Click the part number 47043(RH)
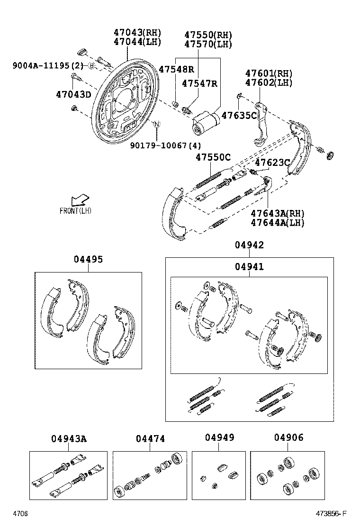click(x=137, y=33)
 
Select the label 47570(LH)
click(x=208, y=44)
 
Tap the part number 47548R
click(x=176, y=69)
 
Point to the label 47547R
click(x=199, y=83)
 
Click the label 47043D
click(x=73, y=94)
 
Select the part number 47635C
click(x=239, y=115)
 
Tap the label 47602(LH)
click(x=269, y=82)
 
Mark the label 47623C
click(x=272, y=163)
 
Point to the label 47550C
click(x=213, y=158)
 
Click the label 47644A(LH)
click(x=278, y=222)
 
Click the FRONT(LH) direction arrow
click(x=79, y=199)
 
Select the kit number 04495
click(x=88, y=260)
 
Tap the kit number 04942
click(x=249, y=245)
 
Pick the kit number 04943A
click(x=69, y=439)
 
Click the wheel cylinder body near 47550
click(x=204, y=122)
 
